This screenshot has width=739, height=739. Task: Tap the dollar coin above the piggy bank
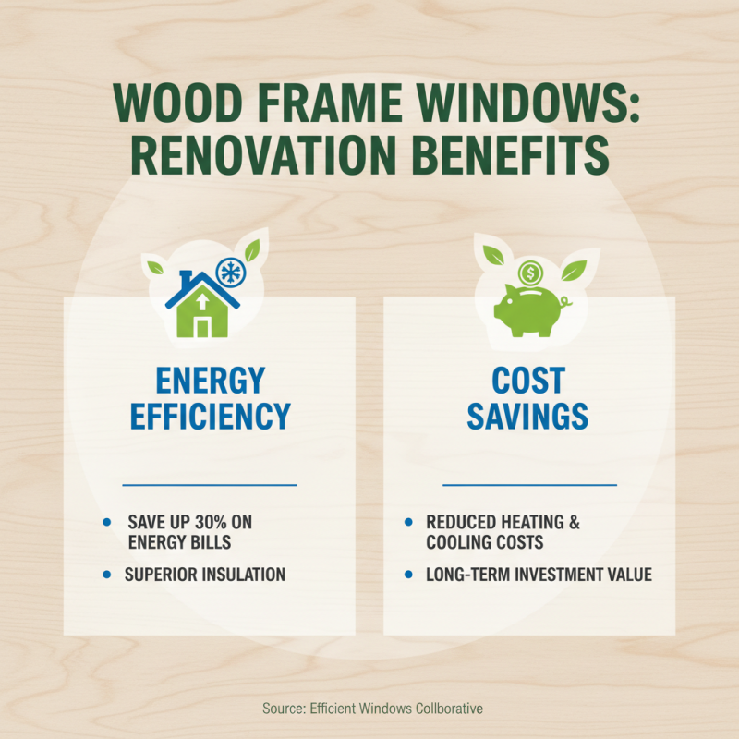click(529, 273)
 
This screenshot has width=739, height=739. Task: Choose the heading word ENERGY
click(210, 380)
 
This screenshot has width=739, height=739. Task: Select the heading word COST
click(528, 380)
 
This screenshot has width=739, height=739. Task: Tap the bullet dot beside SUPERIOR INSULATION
click(109, 575)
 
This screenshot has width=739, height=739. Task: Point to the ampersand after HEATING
click(574, 522)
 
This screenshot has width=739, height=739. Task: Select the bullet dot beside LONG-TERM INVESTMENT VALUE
click(409, 575)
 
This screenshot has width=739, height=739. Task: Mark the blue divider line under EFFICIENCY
click(210, 483)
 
